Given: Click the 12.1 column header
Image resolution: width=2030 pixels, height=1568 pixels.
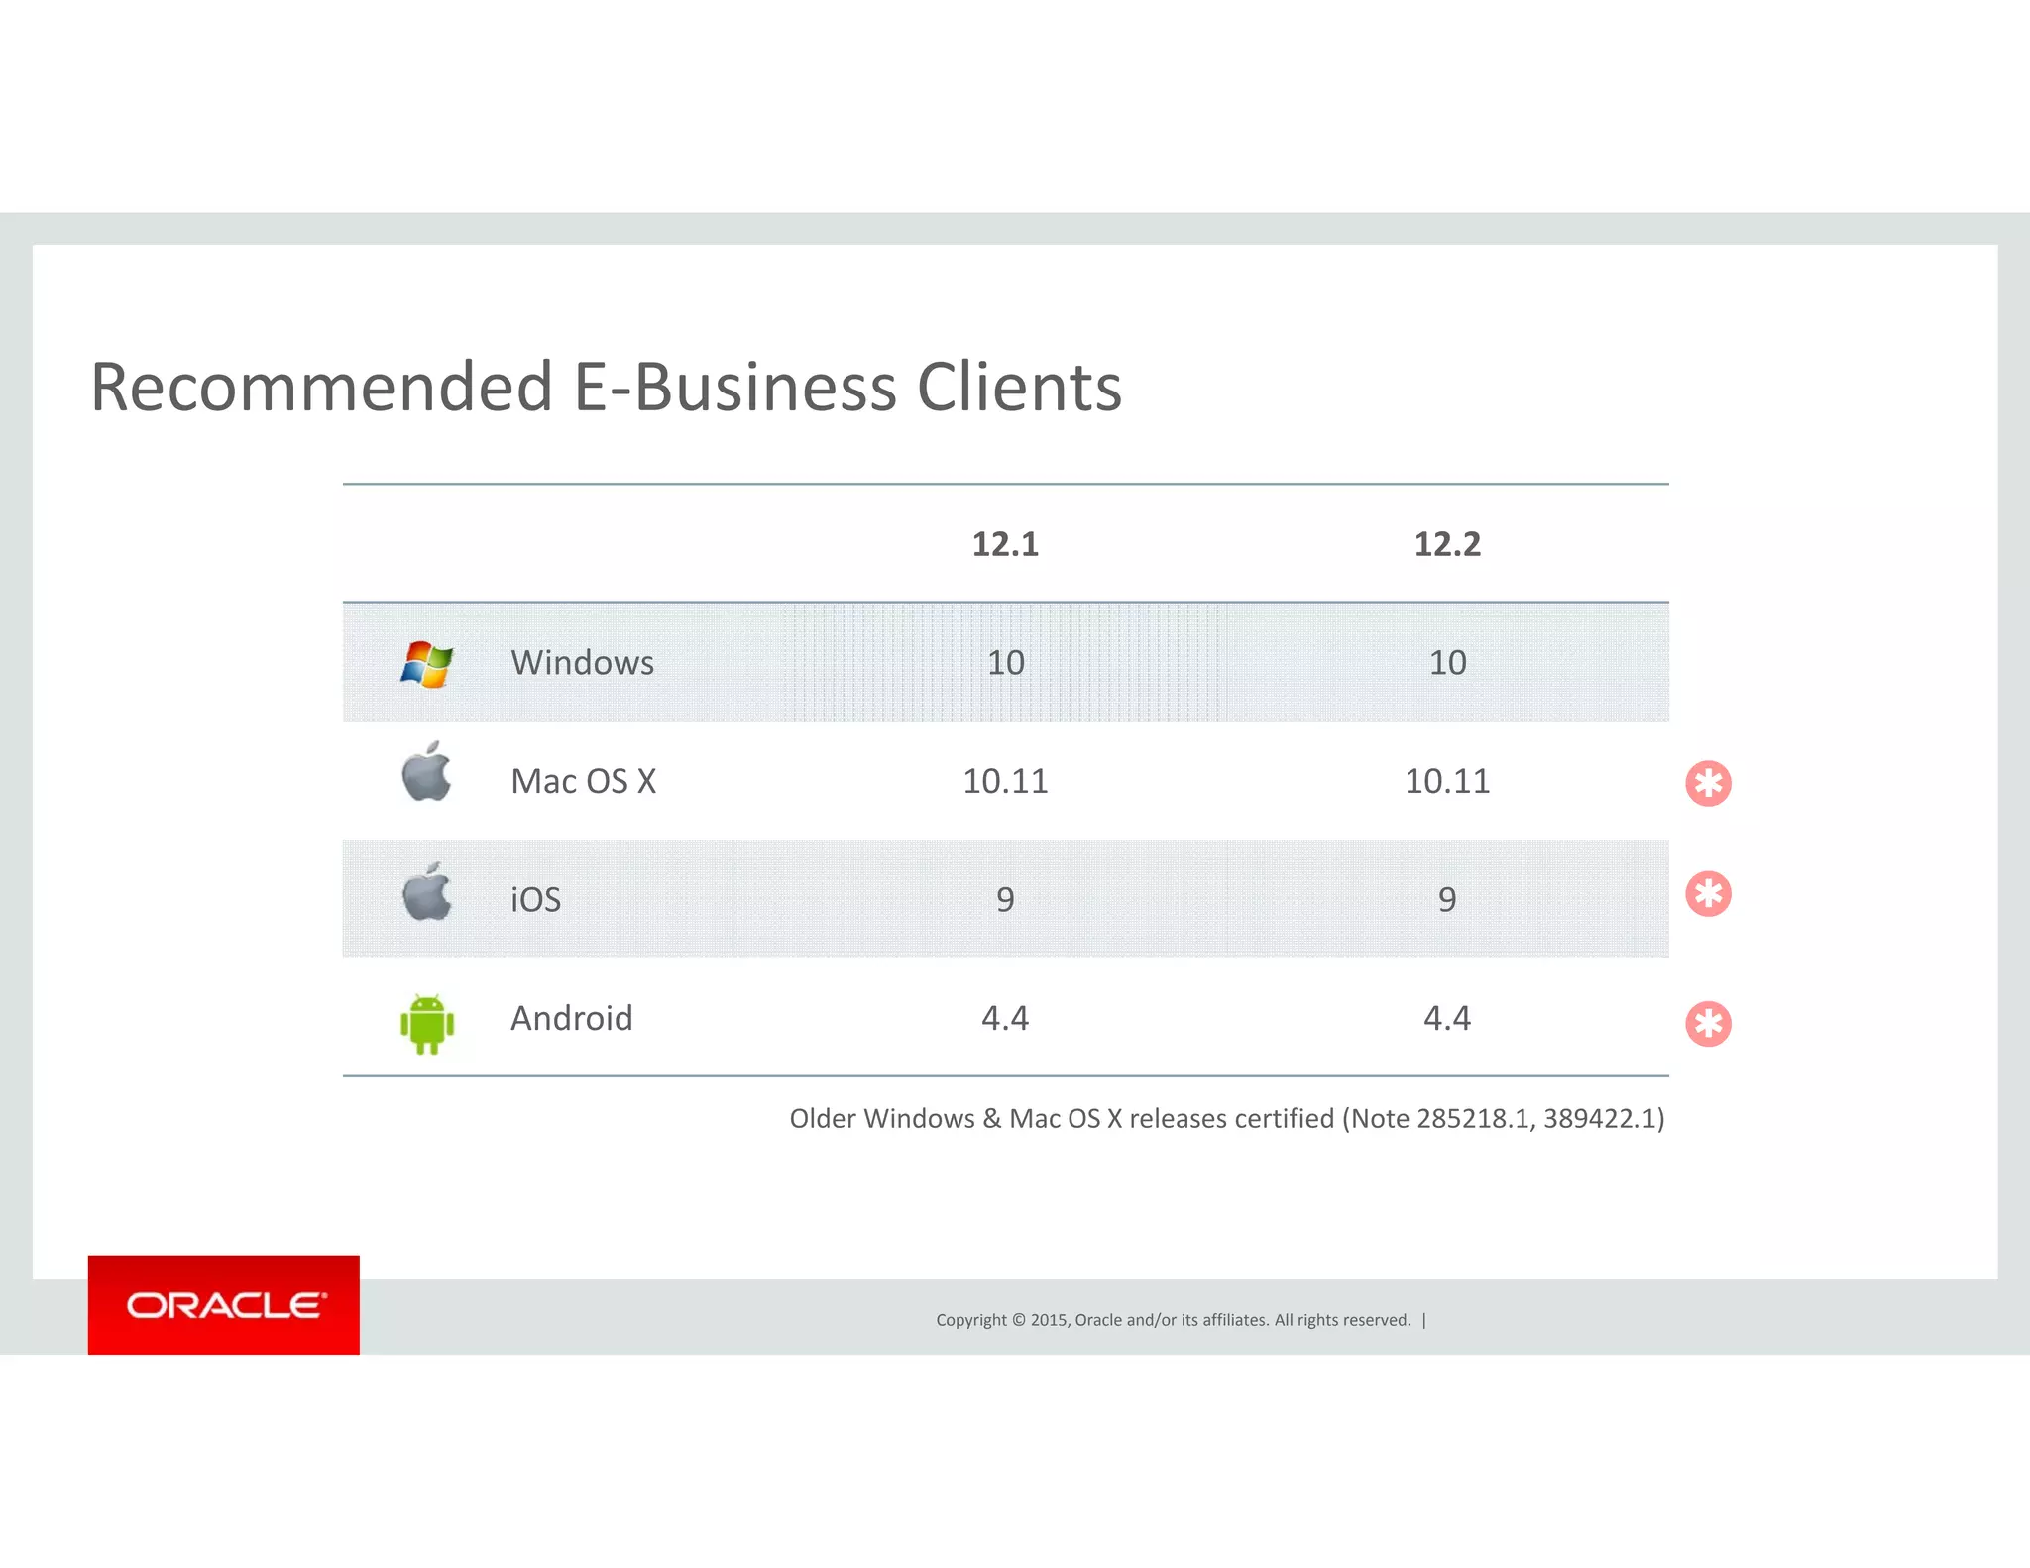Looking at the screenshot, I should click(x=1005, y=544).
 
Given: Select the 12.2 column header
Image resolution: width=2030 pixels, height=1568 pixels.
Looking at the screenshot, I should click(x=1447, y=544).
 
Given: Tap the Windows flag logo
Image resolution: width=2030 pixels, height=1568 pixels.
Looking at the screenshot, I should click(x=427, y=663).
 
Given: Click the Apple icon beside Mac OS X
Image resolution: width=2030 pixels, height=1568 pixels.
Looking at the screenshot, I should click(x=427, y=773).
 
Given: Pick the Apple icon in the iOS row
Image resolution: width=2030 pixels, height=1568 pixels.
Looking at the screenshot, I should click(x=427, y=892).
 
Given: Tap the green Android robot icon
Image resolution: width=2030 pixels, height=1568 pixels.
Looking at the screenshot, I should click(x=427, y=1023).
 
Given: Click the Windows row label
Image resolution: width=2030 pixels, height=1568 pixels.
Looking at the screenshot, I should click(x=582, y=662).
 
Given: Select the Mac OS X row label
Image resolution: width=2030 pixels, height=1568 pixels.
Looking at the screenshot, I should click(x=583, y=781).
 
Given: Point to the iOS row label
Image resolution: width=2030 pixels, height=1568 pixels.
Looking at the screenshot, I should click(x=535, y=899).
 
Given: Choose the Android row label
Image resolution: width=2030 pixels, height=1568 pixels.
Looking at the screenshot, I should click(x=571, y=1018).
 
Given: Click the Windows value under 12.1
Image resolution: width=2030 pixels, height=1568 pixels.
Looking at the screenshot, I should click(x=1005, y=662).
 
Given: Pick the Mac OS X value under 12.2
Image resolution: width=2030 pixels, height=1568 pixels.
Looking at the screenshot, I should click(x=1447, y=781).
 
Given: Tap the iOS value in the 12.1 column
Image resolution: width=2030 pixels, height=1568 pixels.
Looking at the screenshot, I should click(x=1005, y=899).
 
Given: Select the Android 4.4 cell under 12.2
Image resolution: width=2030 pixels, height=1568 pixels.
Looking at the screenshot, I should click(x=1447, y=1018).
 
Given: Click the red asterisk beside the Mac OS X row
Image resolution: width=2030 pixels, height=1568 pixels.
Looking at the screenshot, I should click(x=1708, y=784).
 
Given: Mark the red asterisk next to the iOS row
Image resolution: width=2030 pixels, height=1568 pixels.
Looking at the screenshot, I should click(x=1708, y=894).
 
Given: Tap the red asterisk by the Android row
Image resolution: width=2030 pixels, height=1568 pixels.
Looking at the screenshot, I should click(x=1708, y=1024).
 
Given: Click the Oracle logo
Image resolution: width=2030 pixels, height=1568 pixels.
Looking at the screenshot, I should click(x=224, y=1305).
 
